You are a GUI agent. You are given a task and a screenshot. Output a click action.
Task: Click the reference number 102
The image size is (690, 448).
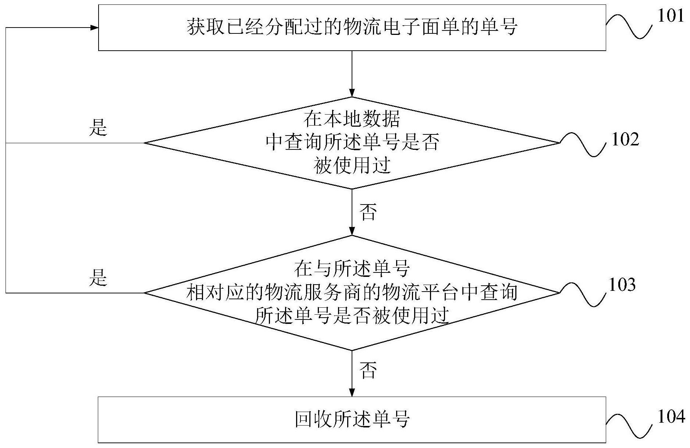pos(625,140)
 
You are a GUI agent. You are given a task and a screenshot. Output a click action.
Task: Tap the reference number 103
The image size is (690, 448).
pos(622,285)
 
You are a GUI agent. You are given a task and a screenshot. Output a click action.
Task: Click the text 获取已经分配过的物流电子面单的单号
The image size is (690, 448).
pos(352,27)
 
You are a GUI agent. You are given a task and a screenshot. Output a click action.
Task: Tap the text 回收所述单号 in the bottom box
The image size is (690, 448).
pos(352,419)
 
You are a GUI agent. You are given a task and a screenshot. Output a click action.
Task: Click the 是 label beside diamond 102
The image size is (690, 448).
pos(98,127)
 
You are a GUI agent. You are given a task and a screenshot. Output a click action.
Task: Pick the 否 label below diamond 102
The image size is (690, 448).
pos(368,212)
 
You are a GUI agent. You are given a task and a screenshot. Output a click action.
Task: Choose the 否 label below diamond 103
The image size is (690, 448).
pos(368,370)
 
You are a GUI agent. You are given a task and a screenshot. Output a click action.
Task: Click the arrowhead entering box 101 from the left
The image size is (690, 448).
pos(94,28)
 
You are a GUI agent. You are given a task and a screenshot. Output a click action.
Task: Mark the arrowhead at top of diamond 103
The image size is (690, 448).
pos(352,231)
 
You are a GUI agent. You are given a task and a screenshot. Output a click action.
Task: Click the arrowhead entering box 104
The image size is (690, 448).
pos(352,393)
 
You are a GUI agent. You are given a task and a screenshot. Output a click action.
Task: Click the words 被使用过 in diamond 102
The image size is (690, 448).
pos(352,166)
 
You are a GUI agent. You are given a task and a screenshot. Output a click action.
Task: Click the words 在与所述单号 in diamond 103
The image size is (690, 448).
pos(352,269)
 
